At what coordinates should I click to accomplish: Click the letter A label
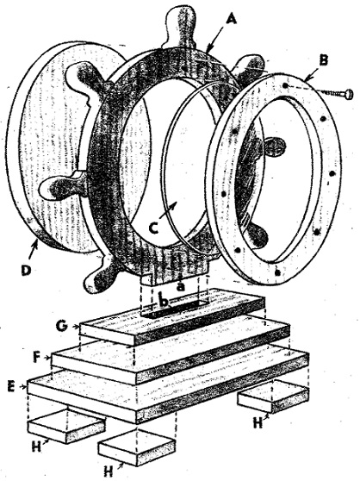232,20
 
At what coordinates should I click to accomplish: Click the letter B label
324,59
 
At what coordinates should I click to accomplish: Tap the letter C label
154,228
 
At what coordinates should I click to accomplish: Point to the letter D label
27,271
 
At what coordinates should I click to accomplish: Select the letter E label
12,386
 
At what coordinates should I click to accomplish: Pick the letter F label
38,358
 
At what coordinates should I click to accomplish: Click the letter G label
62,326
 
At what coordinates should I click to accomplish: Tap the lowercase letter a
182,286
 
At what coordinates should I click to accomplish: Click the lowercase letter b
164,302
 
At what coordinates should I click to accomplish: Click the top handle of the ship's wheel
180,28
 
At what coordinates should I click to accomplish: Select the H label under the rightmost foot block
258,422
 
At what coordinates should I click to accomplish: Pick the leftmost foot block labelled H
66,426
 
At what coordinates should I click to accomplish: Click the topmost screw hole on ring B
285,85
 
